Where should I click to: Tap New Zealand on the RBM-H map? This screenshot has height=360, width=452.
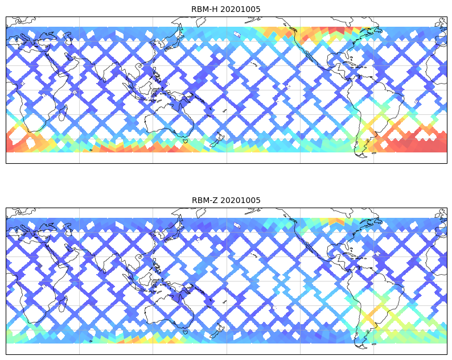(217, 138)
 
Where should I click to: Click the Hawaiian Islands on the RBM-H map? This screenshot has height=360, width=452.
(254, 65)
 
